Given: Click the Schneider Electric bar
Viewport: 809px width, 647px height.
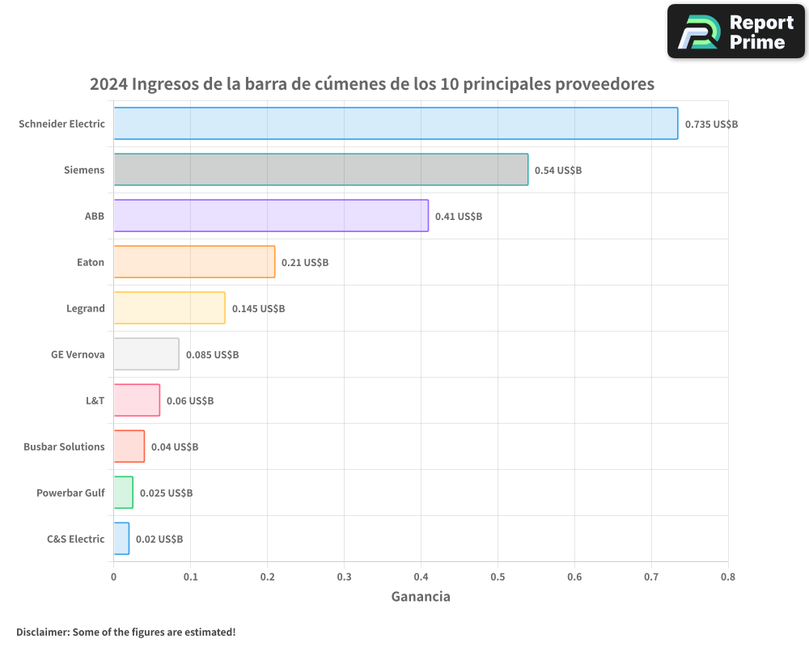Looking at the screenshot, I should [396, 124].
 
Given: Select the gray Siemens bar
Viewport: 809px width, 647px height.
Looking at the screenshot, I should [320, 170].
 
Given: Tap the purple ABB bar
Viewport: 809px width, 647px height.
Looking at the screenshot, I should [271, 216].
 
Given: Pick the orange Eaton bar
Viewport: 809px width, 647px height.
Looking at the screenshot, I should [194, 262].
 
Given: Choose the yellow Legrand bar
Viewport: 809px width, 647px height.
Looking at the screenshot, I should [169, 308].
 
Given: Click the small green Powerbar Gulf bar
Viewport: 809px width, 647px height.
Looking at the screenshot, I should [123, 493].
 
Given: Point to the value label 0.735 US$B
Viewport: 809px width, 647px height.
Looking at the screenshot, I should [711, 125].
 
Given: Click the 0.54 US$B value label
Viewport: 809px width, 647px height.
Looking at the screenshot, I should [558, 171].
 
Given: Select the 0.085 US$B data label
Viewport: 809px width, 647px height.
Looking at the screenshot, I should [212, 355].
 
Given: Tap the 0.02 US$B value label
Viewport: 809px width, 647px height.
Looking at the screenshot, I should [159, 539].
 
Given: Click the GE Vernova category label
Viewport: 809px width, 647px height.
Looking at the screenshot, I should [78, 354].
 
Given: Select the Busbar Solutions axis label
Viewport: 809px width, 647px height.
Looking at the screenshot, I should [64, 446].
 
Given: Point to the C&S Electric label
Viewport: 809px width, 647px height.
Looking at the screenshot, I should [75, 539].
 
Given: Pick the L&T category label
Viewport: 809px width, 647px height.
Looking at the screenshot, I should [95, 400].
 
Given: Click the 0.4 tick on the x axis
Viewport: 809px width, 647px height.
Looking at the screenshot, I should [421, 577].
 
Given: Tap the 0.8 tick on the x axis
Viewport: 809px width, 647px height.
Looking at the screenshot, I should [727, 577].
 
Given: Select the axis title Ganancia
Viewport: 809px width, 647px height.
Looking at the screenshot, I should [421, 597].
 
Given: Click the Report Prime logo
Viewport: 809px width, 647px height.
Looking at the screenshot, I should [735, 32].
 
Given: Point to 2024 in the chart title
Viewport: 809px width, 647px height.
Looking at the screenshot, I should [108, 84].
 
